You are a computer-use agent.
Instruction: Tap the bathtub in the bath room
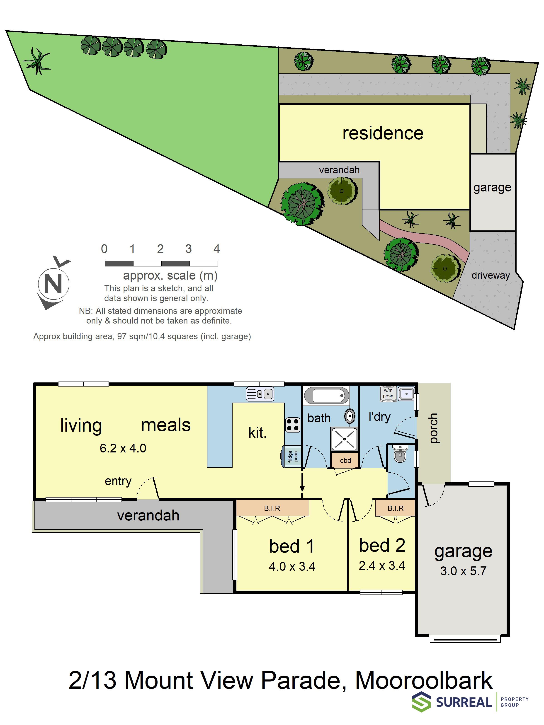(x=326, y=396)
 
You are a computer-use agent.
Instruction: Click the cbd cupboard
(x=345, y=460)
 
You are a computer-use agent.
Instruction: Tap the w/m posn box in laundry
(x=388, y=393)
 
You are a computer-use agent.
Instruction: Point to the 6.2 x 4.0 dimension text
(x=123, y=448)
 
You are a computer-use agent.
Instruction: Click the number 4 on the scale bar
(x=216, y=249)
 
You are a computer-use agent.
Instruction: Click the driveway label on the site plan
(x=491, y=275)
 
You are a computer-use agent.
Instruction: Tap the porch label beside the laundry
(x=433, y=428)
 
